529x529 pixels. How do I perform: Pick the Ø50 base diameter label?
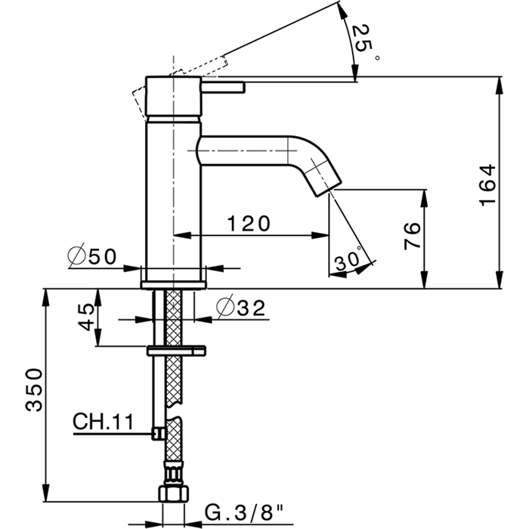(x=92, y=257)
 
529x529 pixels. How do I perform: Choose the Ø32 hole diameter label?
(x=241, y=308)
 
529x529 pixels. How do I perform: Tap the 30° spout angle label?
(x=348, y=260)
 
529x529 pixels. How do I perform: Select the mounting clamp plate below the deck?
(x=176, y=350)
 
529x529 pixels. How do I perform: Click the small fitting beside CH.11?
(x=157, y=432)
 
